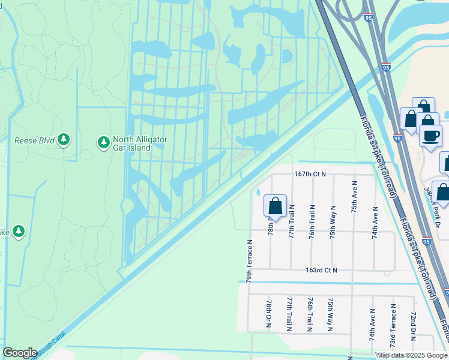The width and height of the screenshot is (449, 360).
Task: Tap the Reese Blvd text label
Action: click(34, 141)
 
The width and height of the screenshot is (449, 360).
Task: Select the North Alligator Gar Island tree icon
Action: click(103, 142)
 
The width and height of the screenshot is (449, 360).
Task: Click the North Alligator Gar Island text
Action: click(139, 143)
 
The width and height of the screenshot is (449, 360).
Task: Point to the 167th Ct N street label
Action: click(310, 174)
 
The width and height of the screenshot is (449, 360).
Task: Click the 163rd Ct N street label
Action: click(321, 271)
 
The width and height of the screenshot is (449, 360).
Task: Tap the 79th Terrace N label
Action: click(249, 262)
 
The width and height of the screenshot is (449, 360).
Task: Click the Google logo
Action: click(20, 353)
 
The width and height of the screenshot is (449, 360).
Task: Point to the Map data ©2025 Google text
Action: click(411, 355)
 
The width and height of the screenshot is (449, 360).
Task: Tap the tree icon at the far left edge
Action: click(18, 231)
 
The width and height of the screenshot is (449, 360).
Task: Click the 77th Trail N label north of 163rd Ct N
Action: click(291, 221)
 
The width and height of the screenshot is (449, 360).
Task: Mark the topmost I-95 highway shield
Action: click(368, 19)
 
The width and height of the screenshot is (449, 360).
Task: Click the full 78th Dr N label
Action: click(269, 314)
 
